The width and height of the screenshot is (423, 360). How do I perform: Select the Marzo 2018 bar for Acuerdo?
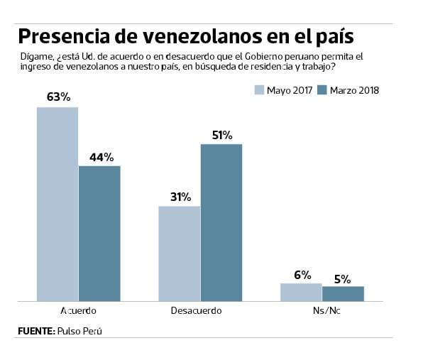99,234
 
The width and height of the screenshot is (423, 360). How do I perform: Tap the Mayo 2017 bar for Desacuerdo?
179,253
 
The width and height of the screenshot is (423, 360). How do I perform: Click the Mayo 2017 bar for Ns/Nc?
301,292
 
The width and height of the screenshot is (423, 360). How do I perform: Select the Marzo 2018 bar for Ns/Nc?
343,293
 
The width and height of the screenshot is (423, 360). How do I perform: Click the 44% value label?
100,157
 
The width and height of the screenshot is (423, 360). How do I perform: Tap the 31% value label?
179,197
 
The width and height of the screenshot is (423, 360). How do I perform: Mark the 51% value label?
221,135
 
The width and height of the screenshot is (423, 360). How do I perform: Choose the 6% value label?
301,274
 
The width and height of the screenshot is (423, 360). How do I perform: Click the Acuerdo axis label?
78,311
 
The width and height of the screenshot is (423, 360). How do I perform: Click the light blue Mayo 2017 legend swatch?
259,90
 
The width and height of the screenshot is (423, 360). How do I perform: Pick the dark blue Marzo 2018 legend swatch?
322,90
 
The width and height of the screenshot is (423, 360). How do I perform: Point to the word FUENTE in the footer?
35,331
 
